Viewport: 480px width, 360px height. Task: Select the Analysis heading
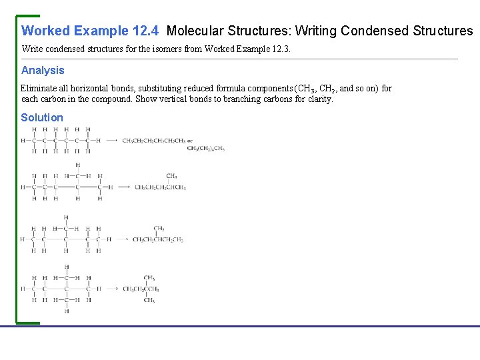pos(43,70)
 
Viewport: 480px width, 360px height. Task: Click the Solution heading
pos(42,117)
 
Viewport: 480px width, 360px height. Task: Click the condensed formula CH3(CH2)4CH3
pos(205,148)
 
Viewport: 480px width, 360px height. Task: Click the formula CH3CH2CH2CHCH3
pos(160,187)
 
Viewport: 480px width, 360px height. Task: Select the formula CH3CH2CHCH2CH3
pos(157,239)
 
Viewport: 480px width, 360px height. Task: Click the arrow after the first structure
pos(111,140)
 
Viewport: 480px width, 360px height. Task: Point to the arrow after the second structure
pos(123,187)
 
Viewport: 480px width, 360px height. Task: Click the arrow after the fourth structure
pos(111,289)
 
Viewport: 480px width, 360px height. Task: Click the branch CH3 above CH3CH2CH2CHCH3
pos(171,176)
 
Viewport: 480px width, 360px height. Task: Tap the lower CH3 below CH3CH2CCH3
pos(149,300)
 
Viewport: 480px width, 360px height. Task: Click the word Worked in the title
pos(46,31)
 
